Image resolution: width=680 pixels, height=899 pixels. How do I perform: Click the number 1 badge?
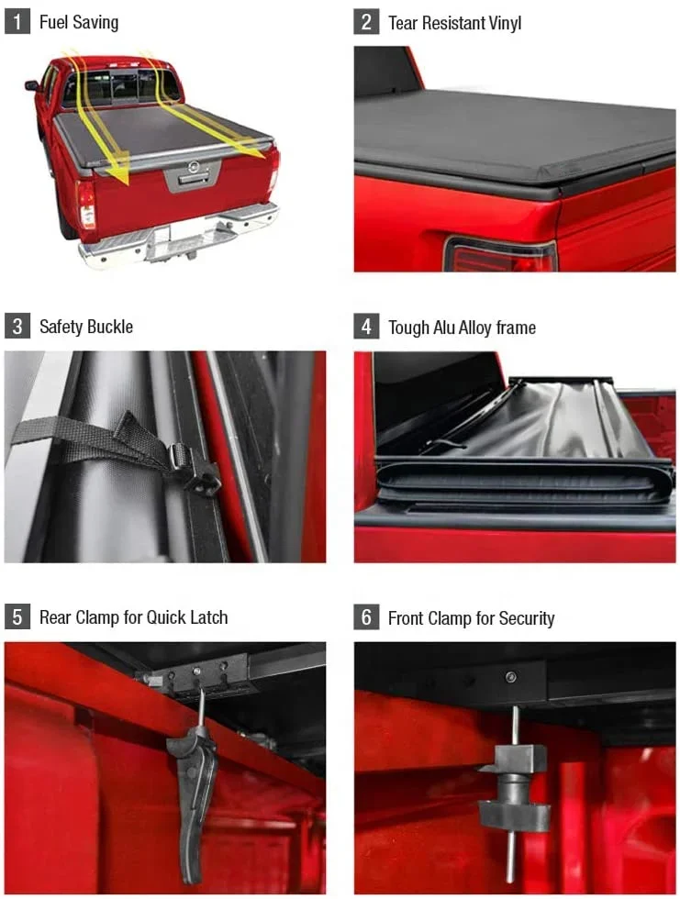point(17,22)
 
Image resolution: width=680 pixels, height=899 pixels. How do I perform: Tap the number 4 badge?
point(366,327)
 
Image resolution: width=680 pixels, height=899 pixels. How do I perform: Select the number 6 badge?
point(366,617)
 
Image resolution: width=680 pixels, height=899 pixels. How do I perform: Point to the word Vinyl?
point(505,23)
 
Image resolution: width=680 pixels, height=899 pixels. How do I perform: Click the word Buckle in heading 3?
point(111,327)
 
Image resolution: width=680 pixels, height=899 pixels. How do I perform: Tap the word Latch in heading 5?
point(209,617)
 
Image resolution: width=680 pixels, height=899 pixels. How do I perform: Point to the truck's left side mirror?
point(31,86)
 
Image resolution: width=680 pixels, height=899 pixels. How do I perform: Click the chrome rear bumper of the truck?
point(178,238)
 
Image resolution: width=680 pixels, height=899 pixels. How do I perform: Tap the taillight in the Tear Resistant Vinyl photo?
point(500,255)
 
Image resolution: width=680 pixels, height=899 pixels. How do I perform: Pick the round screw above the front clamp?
point(510,677)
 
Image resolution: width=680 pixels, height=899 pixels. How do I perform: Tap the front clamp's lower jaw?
point(514,815)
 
